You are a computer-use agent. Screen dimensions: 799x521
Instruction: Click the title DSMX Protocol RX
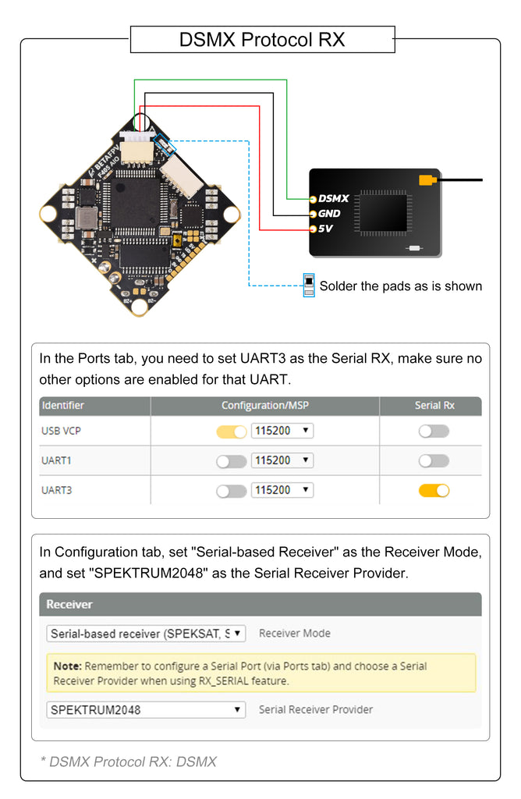(262, 39)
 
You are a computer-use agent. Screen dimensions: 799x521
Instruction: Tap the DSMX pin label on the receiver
(333, 199)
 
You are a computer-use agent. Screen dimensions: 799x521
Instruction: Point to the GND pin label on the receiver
(328, 214)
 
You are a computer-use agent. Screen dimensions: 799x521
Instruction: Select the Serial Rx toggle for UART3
(434, 490)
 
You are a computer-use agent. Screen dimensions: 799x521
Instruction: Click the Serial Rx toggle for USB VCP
(434, 431)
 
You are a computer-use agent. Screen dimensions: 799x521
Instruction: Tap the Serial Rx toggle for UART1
(434, 460)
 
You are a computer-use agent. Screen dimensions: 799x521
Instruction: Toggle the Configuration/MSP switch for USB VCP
(231, 431)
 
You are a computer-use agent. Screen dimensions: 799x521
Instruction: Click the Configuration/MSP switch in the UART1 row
(231, 460)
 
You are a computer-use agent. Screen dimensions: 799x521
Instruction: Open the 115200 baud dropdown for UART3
(282, 490)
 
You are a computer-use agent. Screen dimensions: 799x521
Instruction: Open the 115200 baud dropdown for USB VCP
(282, 431)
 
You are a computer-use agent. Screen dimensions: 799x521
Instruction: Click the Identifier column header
(63, 406)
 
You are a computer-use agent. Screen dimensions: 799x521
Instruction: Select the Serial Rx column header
(434, 406)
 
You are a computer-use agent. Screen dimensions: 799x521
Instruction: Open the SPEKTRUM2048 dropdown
(146, 710)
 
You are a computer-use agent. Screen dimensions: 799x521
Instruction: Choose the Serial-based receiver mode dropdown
(146, 634)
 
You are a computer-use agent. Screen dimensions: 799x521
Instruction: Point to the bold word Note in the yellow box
(68, 666)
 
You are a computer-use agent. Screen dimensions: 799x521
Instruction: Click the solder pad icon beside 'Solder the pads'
(309, 285)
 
